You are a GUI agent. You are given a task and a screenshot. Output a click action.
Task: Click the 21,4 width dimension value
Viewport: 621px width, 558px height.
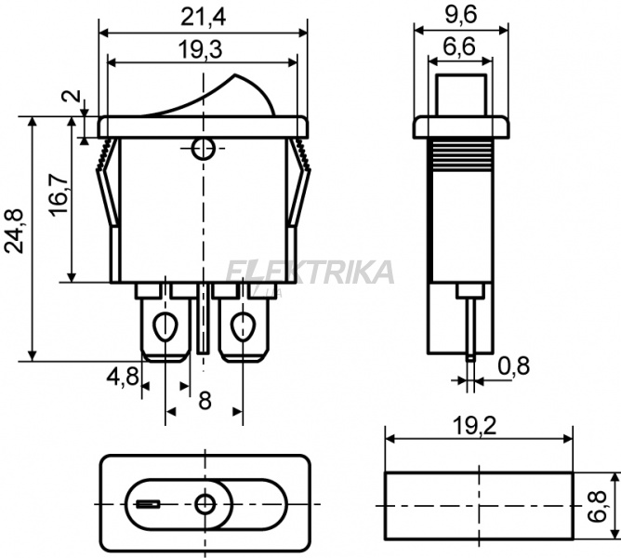coord(203,18)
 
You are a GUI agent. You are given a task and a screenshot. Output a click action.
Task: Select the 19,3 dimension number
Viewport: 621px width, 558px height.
coord(200,50)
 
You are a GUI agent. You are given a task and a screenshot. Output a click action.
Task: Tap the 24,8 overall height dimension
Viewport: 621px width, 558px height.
coord(14,231)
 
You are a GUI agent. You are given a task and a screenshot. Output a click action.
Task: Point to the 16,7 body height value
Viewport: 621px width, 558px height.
coord(59,194)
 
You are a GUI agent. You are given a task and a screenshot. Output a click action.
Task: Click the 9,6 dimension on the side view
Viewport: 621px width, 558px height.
coord(460,15)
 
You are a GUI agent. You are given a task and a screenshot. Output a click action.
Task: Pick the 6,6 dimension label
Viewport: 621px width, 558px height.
coord(459,47)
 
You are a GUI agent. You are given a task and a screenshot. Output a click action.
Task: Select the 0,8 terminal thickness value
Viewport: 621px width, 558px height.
coord(514,365)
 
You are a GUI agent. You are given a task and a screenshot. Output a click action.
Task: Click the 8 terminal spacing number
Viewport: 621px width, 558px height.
coord(205,401)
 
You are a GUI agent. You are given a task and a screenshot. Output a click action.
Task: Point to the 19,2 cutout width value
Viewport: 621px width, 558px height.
coord(474,427)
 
